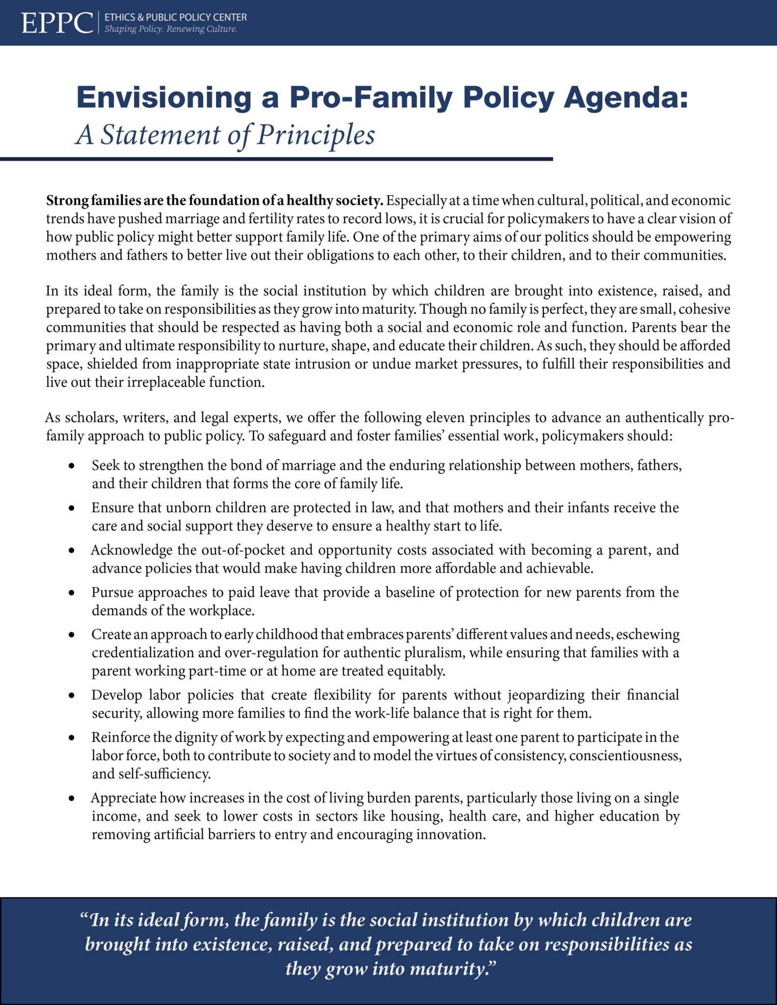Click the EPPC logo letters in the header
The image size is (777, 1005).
(56, 23)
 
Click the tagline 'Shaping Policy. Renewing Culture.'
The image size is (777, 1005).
(171, 29)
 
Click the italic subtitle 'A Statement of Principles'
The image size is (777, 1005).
(225, 134)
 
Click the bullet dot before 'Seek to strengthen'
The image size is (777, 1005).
(72, 466)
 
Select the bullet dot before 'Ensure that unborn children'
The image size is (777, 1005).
(72, 508)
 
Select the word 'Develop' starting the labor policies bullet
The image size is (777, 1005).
(116, 695)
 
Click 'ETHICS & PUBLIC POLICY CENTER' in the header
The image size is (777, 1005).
(176, 17)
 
